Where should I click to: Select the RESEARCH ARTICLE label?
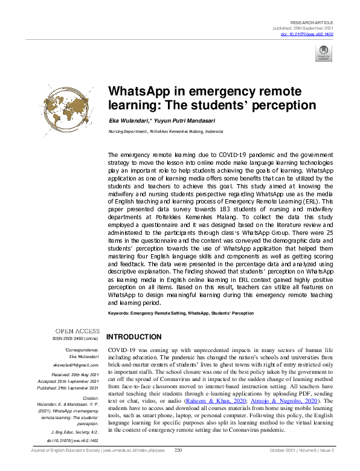pos(312,22)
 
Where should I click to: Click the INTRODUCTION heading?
pos(133,337)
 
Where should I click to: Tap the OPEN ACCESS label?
pos(77,330)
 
